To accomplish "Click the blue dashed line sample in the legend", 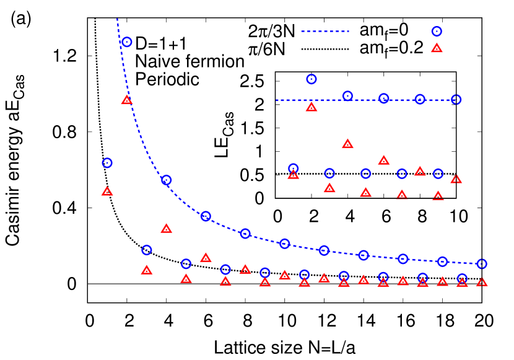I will click(325, 31).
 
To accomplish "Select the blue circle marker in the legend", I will click(437, 32).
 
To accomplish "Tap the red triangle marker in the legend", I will click(437, 48).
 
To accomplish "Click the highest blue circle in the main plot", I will click(127, 42).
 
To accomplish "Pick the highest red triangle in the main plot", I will click(127, 100).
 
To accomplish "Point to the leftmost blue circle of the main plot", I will click(107, 163).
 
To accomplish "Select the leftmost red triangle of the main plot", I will click(107, 191).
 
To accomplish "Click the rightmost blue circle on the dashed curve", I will click(482, 264).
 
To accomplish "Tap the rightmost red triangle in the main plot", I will click(482, 282).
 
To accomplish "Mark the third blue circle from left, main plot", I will click(147, 250).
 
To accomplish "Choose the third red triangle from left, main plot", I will click(147, 270).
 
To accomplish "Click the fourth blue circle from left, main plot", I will click(166, 180).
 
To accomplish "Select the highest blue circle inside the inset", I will click(311, 79).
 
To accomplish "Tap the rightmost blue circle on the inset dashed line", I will click(456, 100).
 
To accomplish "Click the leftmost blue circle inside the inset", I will click(294, 169).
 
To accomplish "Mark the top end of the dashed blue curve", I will click(117, 19).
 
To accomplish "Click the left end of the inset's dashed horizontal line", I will click(276, 100).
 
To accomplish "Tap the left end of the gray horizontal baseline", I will click(89, 284).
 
